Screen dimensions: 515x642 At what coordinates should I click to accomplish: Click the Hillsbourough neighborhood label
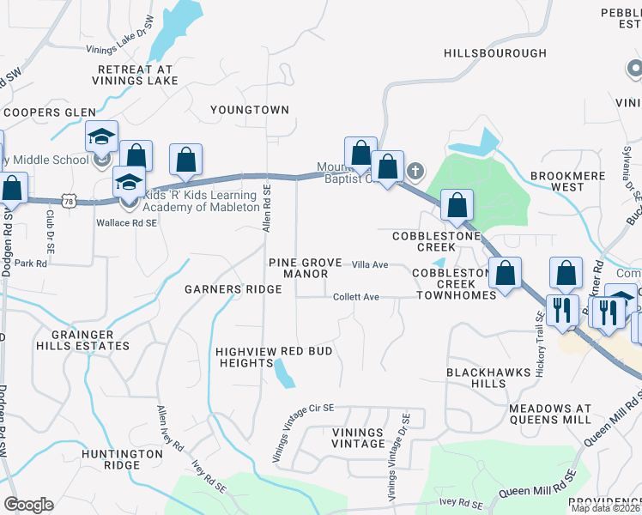pyautogui.click(x=495, y=53)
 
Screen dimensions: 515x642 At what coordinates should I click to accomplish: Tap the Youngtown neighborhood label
pyautogui.click(x=250, y=110)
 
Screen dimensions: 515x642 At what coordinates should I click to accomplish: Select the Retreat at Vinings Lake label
pyautogui.click(x=136, y=75)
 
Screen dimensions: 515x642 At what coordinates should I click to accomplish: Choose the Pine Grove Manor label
pyautogui.click(x=299, y=268)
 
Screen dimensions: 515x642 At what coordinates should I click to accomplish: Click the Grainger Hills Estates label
pyautogui.click(x=89, y=340)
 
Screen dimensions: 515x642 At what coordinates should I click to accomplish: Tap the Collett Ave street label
pyautogui.click(x=356, y=297)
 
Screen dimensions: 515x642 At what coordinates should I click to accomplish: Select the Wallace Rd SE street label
pyautogui.click(x=127, y=222)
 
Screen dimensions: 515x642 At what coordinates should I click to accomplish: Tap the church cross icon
pyautogui.click(x=415, y=170)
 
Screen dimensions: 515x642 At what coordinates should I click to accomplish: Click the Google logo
pyautogui.click(x=28, y=505)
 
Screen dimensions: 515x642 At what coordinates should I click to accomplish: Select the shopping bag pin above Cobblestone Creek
pyautogui.click(x=457, y=204)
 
